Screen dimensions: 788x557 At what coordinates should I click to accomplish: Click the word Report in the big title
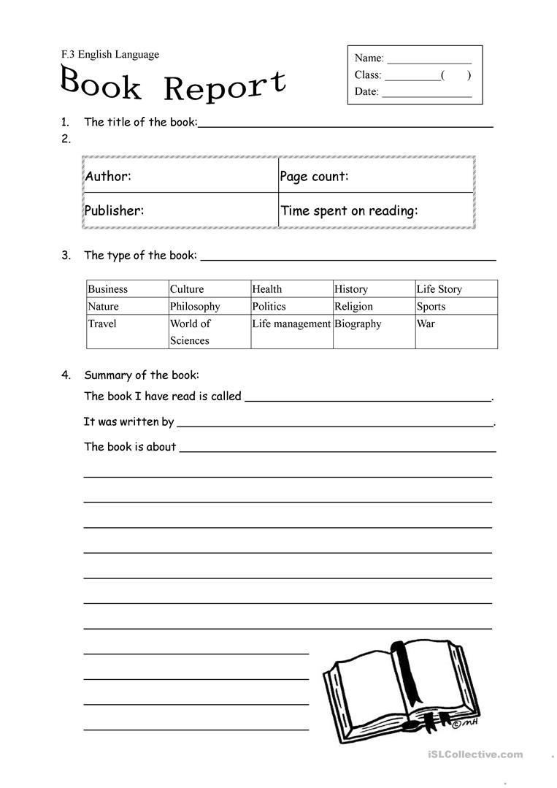tap(224, 86)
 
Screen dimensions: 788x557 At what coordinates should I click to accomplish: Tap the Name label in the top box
tap(369, 58)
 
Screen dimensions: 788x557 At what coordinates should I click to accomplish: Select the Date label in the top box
tap(366, 91)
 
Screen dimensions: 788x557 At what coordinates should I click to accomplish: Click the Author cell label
tap(108, 176)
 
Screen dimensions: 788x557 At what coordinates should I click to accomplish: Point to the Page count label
tap(315, 176)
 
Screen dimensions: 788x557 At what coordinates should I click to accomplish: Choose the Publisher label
tap(114, 210)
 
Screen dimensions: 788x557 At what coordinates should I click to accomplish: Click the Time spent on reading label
tap(349, 210)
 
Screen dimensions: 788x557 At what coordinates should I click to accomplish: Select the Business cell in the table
tap(107, 289)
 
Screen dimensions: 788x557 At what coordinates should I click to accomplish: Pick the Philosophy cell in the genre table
tap(195, 307)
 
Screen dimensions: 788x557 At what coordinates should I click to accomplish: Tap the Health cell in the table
tap(267, 289)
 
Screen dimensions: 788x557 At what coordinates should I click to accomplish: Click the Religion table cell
tap(353, 307)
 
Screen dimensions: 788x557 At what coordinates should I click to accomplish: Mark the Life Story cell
tap(439, 289)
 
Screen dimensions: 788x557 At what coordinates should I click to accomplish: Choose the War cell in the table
tap(426, 324)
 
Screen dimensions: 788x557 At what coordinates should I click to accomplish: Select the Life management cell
tap(291, 324)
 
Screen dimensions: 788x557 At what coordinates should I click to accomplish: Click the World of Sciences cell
tap(190, 332)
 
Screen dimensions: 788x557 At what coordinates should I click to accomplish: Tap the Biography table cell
tap(358, 324)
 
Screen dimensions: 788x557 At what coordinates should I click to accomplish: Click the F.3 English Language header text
tap(110, 54)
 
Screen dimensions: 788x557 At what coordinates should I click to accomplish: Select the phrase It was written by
tap(128, 421)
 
